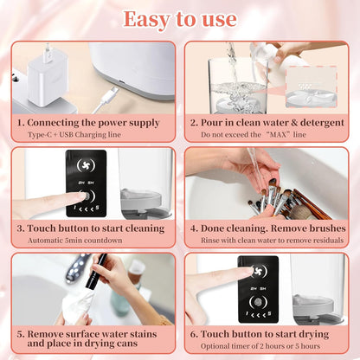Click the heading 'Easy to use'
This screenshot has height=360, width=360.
point(180,18)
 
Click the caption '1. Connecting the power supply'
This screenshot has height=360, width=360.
point(93,123)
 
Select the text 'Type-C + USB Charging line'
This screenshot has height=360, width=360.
point(93,135)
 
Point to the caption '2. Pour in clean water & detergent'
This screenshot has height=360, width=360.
point(267,123)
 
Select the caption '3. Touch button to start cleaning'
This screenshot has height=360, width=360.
point(91,228)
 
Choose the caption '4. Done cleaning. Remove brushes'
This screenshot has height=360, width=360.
point(266,228)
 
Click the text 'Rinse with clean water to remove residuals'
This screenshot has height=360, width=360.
point(266,241)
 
